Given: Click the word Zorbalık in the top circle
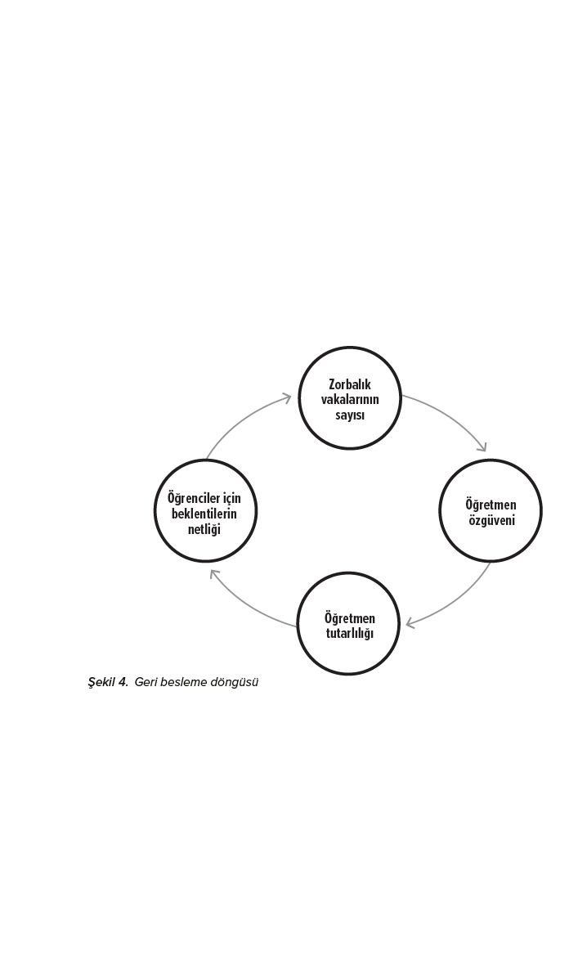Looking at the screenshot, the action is [350, 384].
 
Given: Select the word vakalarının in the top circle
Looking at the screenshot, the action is [350, 399].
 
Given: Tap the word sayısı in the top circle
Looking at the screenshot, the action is [350, 415].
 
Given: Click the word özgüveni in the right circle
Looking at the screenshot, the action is [491, 521].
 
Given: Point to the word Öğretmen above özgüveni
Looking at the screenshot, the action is [491, 505].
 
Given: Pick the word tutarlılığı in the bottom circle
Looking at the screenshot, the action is [350, 635].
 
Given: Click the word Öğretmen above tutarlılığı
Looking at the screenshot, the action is [350, 618].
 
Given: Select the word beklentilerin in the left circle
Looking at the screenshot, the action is [204, 514].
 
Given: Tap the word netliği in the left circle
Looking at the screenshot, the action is [204, 529].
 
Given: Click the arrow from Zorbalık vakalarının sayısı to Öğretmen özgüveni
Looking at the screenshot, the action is [450, 415].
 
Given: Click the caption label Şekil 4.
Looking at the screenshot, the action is [108, 682].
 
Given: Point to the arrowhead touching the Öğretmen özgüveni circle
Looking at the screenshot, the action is [482, 447].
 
